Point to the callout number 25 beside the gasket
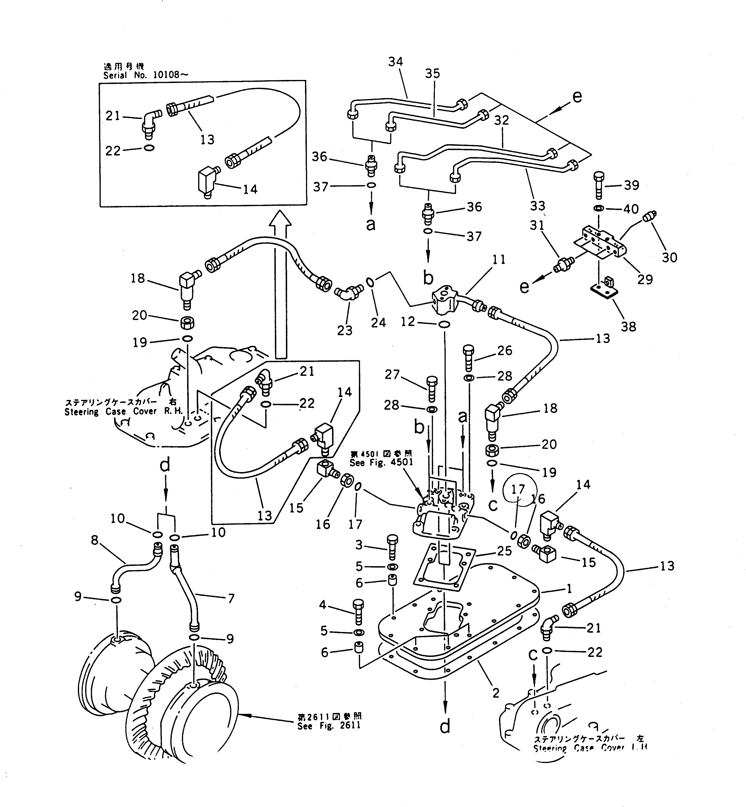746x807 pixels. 504,551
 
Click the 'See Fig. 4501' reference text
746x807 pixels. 381,462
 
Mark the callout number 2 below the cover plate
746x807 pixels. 495,693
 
